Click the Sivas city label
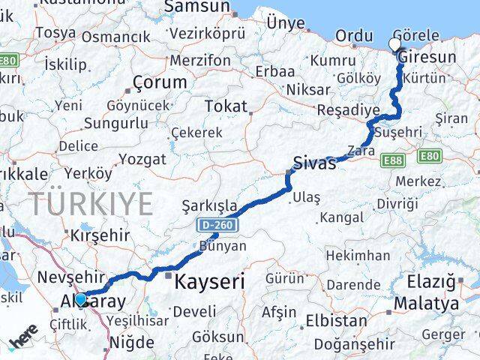point(314,163)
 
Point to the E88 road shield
point(391,160)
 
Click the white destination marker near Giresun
point(394,44)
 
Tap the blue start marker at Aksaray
point(80,298)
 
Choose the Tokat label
point(225,106)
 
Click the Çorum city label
point(159,82)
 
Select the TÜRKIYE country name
point(91,202)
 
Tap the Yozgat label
point(142,159)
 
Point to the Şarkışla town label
point(209,205)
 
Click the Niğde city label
point(131,343)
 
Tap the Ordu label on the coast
point(354,35)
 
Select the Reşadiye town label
point(348,109)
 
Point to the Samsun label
point(196,7)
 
